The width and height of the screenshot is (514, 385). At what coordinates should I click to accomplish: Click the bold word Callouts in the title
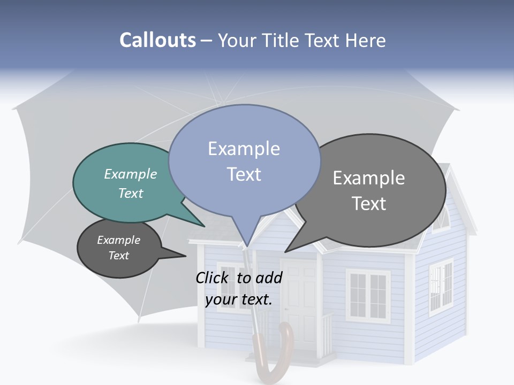pos(157,40)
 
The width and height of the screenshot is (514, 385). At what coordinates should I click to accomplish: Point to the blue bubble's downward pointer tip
pos(247,247)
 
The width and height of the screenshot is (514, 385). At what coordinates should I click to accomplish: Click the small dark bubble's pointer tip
pos(185,256)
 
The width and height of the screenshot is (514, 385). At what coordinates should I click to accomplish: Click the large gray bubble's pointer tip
pos(286,251)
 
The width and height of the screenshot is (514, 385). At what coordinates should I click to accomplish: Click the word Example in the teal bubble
pos(131,174)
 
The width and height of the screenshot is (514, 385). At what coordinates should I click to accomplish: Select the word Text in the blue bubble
pos(244,174)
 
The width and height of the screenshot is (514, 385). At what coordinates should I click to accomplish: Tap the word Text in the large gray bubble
pos(369,204)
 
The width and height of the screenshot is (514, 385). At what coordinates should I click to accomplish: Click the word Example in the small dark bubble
pos(118,240)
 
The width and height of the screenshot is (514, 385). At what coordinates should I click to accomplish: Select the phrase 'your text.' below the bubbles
pos(239,299)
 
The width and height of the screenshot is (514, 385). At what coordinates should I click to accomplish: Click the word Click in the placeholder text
pos(212,278)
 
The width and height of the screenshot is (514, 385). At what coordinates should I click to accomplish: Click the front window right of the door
pos(368,294)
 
